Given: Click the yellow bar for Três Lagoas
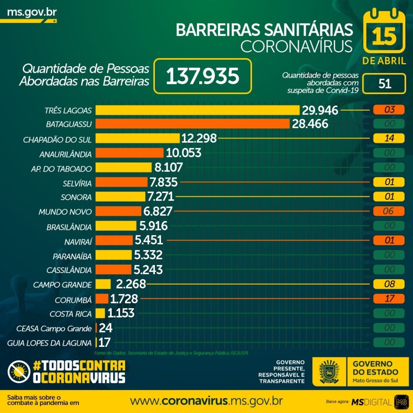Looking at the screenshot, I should coord(197,110).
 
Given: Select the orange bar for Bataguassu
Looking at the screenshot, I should coord(192,123).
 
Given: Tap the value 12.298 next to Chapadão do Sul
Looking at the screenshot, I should coord(199,138).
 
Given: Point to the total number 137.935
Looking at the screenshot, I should coord(202,76).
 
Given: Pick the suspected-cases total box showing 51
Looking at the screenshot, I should coord(384,83).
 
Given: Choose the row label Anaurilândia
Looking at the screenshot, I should coord(66,154).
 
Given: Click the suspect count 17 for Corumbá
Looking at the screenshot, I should coord(389,299).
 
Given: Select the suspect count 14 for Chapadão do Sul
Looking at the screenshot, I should coord(389,138).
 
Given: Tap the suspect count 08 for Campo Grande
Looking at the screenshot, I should coord(389,284).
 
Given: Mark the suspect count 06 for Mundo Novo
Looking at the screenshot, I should coord(389,211).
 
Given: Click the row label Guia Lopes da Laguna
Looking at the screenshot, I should coord(50,343).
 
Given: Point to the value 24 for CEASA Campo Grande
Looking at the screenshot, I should coord(106,328).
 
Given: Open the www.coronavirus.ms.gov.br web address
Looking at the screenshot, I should coord(206,401).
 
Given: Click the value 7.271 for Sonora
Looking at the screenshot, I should coord(161,197).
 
